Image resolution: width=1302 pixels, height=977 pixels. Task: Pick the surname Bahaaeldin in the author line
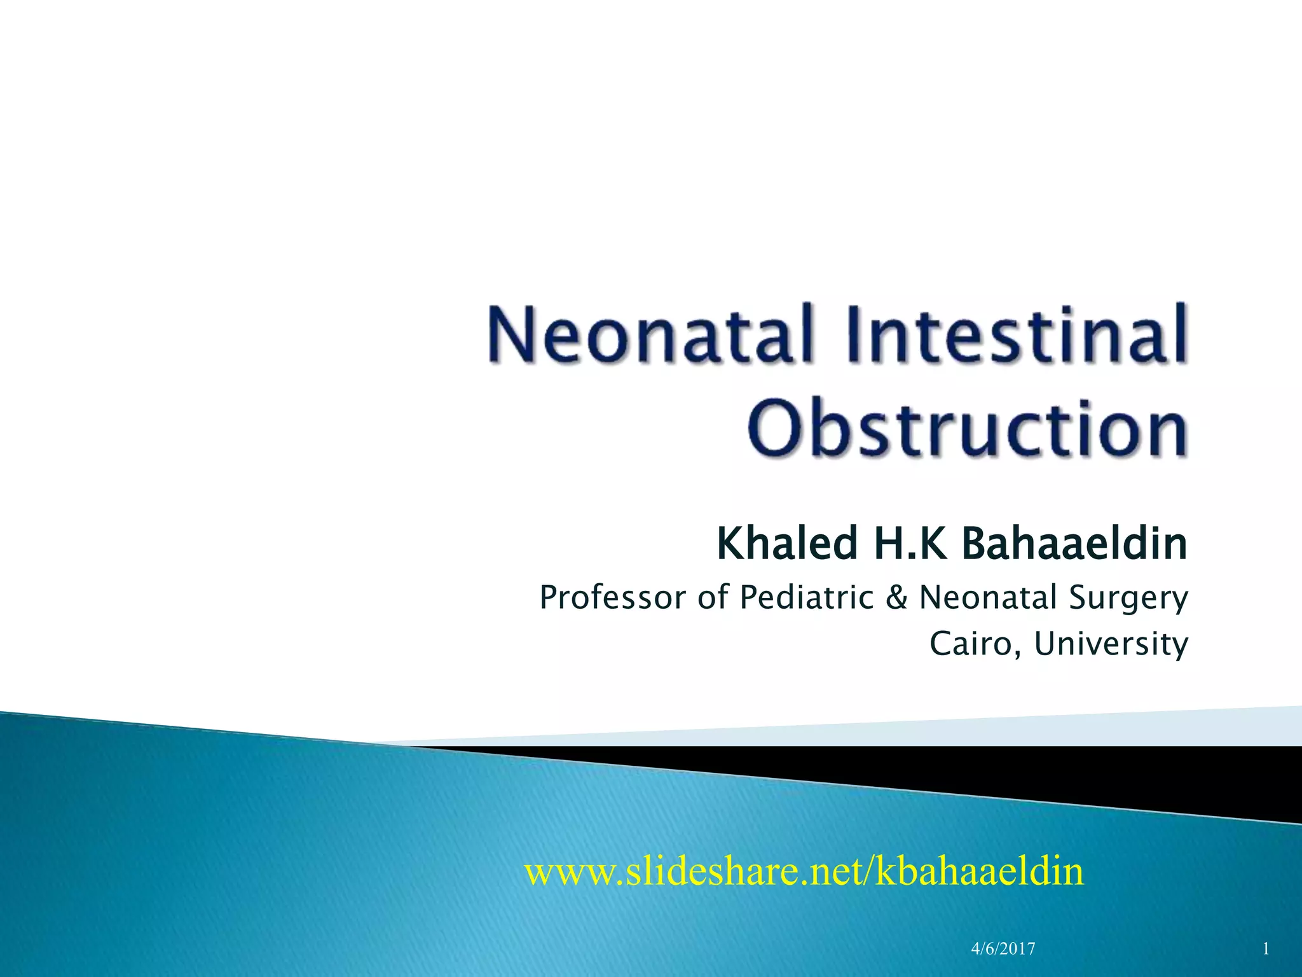[x=1074, y=544]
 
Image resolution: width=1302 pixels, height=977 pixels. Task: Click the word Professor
[x=613, y=598]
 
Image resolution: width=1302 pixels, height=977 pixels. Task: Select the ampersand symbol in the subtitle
[x=896, y=598]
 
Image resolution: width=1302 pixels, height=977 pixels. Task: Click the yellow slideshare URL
[x=804, y=871]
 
